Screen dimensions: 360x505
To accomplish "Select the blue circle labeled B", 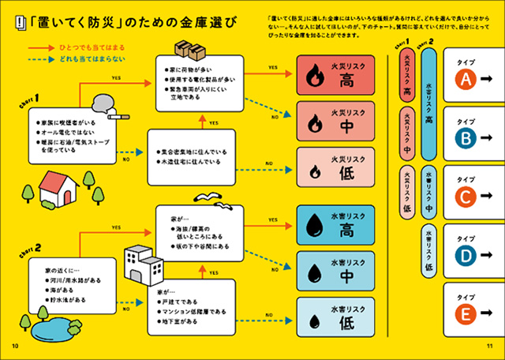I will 466,138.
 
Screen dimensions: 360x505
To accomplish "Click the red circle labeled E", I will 466,315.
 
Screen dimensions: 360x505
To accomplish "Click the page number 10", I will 13,347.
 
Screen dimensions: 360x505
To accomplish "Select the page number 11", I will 488,347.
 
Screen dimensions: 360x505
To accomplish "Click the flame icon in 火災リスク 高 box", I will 314,77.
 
